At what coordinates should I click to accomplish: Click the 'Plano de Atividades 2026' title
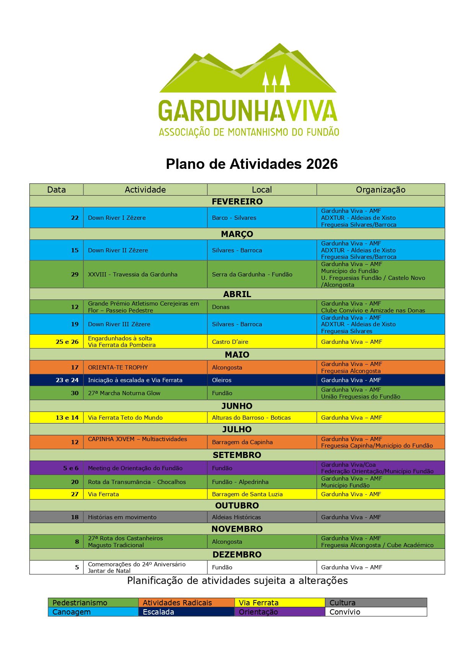coord(251,164)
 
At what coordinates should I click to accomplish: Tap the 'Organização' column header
coord(380,190)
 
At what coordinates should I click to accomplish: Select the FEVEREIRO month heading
coord(237,201)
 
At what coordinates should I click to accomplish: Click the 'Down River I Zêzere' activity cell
coord(117,217)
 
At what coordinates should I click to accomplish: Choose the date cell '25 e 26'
coord(67,342)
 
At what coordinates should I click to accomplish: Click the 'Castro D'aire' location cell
coord(230,342)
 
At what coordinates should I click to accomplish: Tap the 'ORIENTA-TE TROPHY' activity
coord(118,367)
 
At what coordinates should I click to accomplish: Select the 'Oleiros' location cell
coord(222,380)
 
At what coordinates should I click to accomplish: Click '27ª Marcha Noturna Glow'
coord(124,393)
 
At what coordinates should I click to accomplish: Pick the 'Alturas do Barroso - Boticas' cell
coord(251,417)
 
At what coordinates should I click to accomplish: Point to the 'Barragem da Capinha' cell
coord(242,442)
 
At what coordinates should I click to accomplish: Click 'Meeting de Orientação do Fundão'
coord(135,468)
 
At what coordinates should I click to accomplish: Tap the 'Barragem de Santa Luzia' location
coord(247,494)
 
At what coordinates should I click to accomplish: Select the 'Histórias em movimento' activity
coord(122,517)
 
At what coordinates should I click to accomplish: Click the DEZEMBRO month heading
coord(237,554)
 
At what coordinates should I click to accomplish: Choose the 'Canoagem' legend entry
coord(72,612)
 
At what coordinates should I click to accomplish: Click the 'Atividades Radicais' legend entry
coord(177,603)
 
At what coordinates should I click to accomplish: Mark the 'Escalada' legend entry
coord(158,612)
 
